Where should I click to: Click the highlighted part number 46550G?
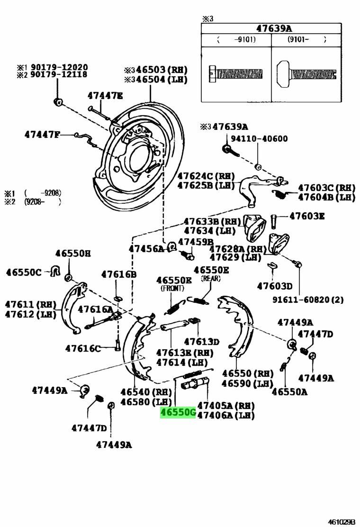tap(178, 413)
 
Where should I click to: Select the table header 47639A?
tap(270, 28)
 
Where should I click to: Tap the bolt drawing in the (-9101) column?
tap(235, 73)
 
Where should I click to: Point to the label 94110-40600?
tap(259, 139)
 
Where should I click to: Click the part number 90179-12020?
tap(59, 67)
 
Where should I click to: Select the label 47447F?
tap(43, 135)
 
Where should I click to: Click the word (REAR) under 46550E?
tap(211, 278)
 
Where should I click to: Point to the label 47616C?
tap(83, 348)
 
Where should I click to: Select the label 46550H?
tap(72, 254)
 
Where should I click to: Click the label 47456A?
tap(146, 248)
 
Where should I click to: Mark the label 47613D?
tap(201, 342)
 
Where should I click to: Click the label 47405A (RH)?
tap(225, 406)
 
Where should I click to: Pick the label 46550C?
tap(24, 272)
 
